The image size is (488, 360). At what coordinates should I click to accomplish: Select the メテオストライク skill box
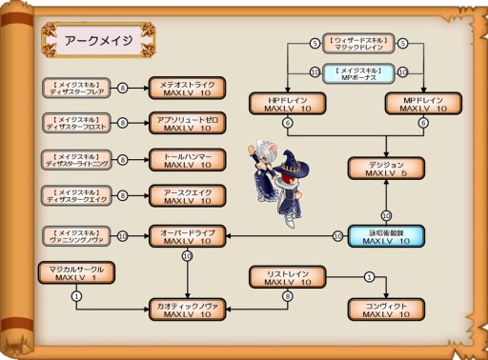[x=187, y=89]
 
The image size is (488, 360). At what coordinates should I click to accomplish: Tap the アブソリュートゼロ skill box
[x=187, y=124]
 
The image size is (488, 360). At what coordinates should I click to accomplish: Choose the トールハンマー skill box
[x=187, y=159]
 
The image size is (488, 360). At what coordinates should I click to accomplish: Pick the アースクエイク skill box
[x=187, y=194]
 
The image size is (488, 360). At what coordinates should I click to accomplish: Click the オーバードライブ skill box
[x=187, y=235]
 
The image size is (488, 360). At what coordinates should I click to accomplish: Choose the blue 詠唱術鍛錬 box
[x=386, y=235]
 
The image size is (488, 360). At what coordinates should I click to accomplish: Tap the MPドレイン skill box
[x=423, y=104]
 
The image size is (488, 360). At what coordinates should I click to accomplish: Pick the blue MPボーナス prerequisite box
[x=358, y=72]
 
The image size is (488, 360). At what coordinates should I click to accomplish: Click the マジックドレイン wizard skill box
[x=358, y=44]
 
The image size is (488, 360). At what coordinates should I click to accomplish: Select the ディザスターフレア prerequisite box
[x=77, y=89]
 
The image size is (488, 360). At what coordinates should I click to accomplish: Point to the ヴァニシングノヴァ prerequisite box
[x=77, y=235]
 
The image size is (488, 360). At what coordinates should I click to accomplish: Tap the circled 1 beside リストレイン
[x=369, y=277]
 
